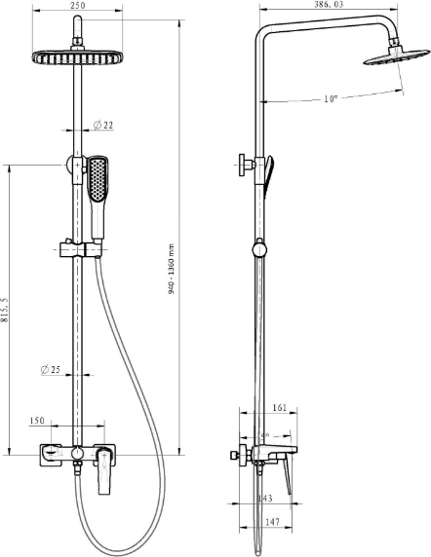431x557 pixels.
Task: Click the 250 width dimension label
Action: [x=78, y=5]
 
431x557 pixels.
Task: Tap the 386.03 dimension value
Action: [x=329, y=4]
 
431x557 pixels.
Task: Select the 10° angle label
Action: [x=331, y=98]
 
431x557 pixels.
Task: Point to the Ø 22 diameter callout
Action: [x=102, y=125]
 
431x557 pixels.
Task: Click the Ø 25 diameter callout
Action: [x=51, y=369]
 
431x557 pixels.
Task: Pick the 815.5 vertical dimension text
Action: [x=4, y=310]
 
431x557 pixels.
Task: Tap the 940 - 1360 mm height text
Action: [x=172, y=269]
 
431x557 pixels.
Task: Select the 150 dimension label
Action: [x=37, y=421]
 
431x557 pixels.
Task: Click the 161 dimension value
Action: [x=280, y=407]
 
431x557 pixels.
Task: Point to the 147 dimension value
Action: [x=272, y=522]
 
